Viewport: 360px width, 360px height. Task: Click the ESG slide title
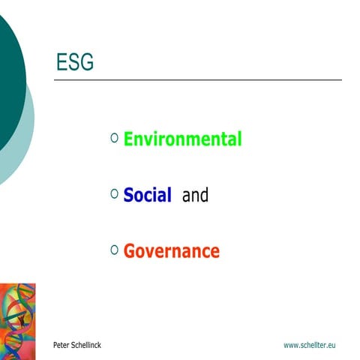tap(75, 63)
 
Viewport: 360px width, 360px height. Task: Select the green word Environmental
tap(182, 139)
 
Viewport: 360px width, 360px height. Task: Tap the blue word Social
tap(148, 196)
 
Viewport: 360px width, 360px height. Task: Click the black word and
tap(195, 196)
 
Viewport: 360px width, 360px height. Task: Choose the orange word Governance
tap(172, 251)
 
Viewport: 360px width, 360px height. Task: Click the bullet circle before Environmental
tap(114, 137)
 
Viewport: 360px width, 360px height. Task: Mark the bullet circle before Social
tap(114, 193)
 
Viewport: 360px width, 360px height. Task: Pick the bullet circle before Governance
tap(114, 249)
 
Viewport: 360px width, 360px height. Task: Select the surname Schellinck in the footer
tap(87, 344)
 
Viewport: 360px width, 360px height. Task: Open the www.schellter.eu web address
tap(309, 344)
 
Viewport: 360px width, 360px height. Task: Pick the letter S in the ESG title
tap(74, 63)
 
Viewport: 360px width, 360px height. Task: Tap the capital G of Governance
tap(129, 251)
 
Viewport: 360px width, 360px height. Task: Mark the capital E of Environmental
tap(128, 139)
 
